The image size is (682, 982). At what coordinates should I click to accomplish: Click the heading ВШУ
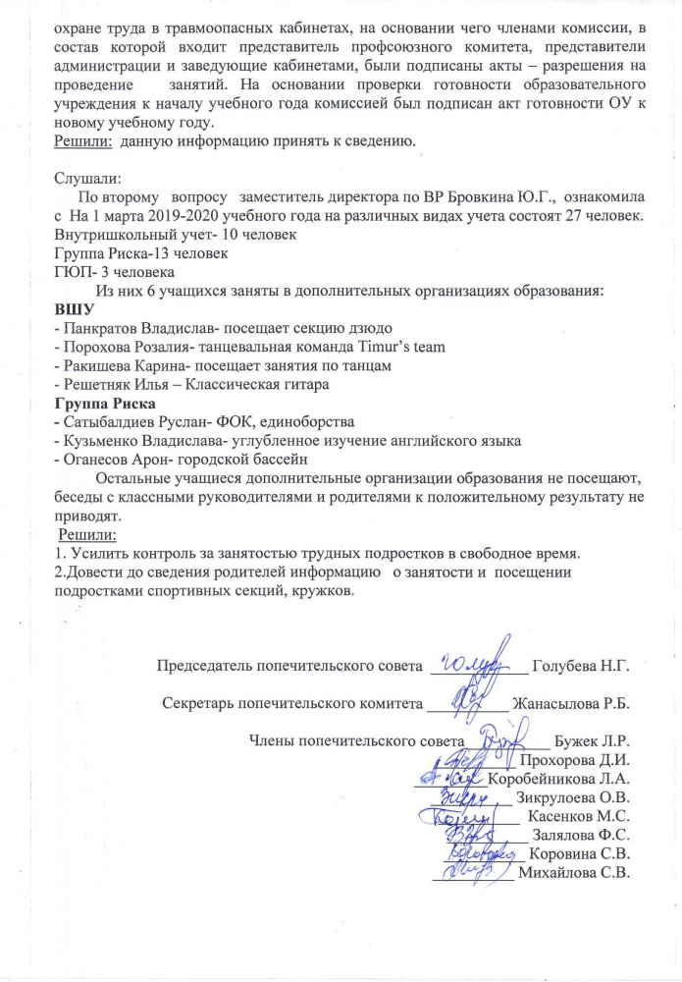point(75,309)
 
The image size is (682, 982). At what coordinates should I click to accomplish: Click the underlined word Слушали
point(87,179)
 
